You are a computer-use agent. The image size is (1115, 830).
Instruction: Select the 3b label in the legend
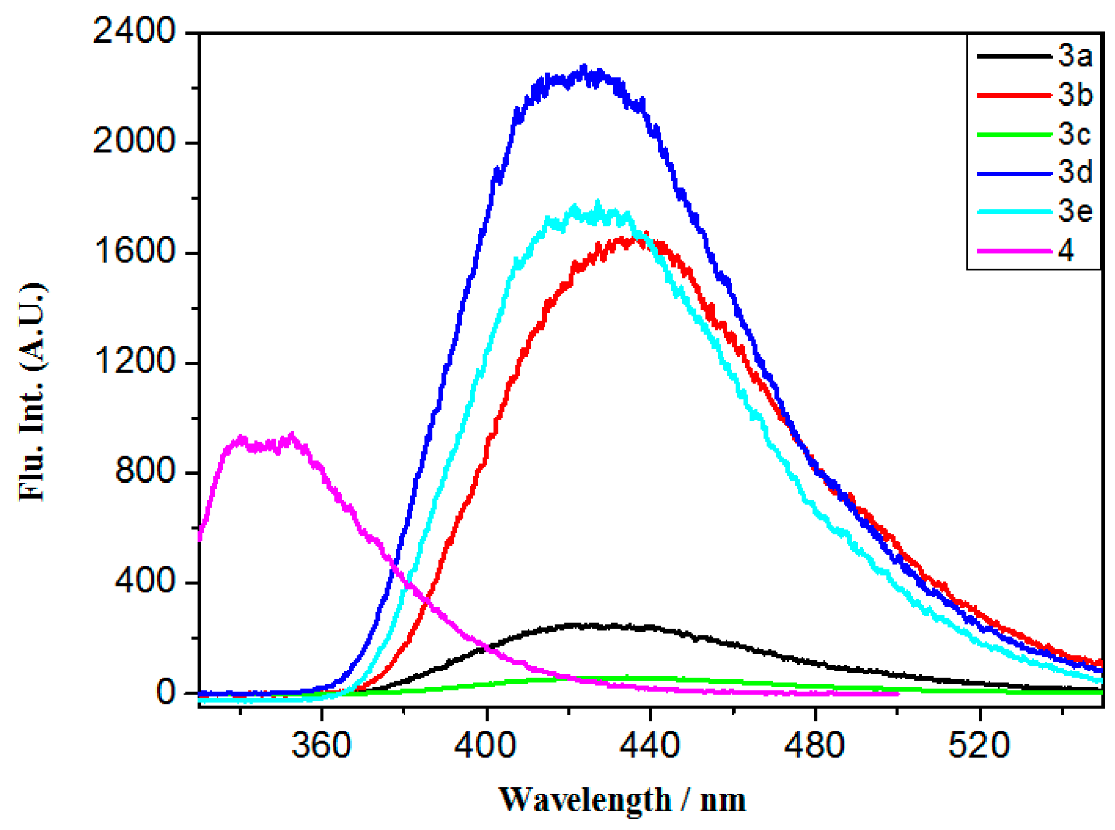1074,95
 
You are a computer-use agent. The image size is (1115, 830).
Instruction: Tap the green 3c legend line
1014,134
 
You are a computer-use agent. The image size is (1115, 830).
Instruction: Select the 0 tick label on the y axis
165,692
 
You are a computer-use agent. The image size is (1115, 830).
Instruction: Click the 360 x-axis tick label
321,745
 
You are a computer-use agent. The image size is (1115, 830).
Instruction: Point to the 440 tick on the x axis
650,745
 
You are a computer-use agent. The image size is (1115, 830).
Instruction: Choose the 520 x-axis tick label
979,745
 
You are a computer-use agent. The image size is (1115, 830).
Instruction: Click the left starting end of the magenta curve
201,539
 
